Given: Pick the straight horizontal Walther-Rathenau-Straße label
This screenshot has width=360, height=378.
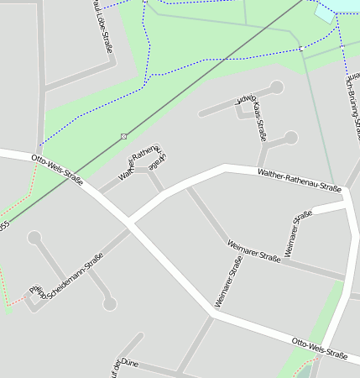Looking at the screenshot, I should point(300,183).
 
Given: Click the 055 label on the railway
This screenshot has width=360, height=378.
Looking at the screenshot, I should point(3,226).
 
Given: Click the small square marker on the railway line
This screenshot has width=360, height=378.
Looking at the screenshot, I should point(124,136).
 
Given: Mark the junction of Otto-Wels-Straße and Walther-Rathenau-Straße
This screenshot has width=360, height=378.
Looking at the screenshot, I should point(130,223).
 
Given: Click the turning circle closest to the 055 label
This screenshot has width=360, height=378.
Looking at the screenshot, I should point(34,239).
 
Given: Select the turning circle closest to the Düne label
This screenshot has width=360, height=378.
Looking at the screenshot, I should point(110,304).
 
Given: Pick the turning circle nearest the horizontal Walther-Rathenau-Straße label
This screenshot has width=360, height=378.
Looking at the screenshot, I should point(291,137).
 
